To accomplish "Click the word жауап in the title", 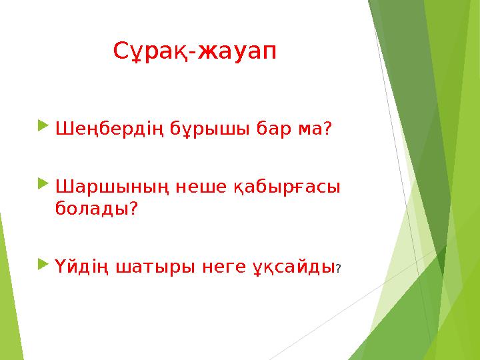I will click(x=237, y=51).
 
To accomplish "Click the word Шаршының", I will click(x=107, y=185).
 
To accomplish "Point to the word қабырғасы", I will click(x=286, y=185).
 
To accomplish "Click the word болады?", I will click(x=97, y=209).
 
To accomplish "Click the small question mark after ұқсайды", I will click(x=339, y=269).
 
